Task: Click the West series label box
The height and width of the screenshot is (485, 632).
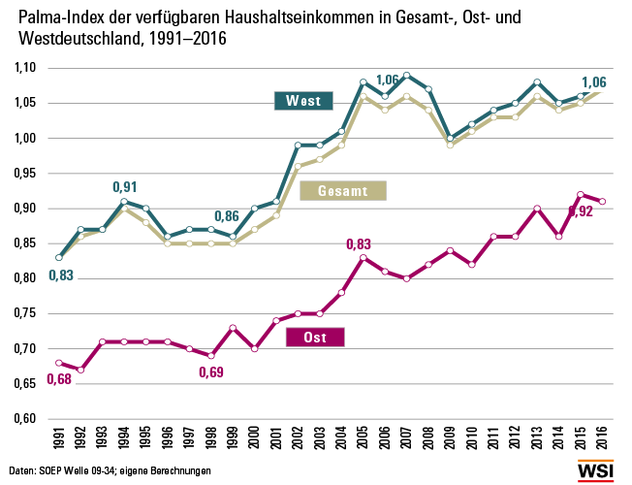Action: coord(303,100)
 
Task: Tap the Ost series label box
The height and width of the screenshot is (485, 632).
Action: coord(316,338)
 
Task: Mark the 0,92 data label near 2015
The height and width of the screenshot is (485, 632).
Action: coord(580,211)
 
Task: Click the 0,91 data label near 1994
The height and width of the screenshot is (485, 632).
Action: coord(125,186)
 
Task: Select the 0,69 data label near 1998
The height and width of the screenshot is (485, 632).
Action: coord(211,372)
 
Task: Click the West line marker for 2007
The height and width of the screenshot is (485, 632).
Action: coord(406,75)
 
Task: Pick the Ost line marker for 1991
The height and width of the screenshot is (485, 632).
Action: coord(60,363)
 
